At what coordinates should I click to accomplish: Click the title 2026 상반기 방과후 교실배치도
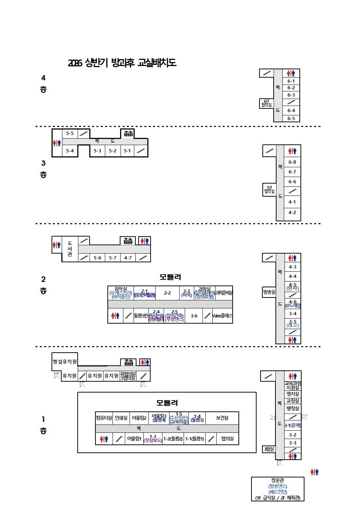tap(122, 63)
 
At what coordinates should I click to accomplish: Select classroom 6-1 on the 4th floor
tap(291, 81)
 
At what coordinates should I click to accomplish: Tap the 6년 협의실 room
tap(266, 103)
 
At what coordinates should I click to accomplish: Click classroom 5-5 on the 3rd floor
tap(70, 134)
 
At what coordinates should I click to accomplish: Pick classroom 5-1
tap(127, 151)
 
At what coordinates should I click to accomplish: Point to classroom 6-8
tap(292, 162)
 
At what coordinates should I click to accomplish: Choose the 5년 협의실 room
tap(269, 189)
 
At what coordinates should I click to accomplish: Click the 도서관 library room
tap(70, 249)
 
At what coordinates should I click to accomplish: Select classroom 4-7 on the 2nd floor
tap(128, 258)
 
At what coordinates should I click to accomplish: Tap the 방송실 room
tap(269, 292)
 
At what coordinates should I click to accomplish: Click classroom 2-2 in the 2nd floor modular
tap(167, 293)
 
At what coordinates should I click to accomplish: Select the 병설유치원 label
tap(65, 362)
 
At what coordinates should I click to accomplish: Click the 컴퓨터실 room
tap(104, 418)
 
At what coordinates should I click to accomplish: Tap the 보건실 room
tap(222, 418)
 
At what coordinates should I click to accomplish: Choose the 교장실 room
tap(293, 401)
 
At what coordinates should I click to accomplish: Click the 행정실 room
tap(293, 409)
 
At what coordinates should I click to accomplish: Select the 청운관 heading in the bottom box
tap(278, 480)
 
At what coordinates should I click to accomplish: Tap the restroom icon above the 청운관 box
tap(314, 472)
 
